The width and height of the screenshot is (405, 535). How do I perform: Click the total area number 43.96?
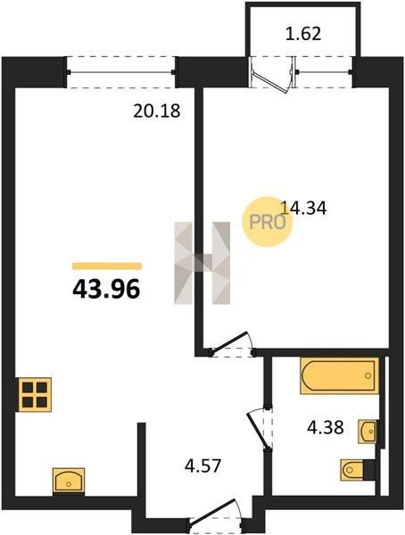coord(106,289)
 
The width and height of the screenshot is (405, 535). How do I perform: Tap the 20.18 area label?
coord(156,111)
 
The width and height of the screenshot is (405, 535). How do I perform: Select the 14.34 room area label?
coord(303,208)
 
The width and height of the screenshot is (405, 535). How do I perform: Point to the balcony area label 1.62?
coord(303,34)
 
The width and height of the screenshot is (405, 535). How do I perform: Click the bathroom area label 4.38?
coord(325,427)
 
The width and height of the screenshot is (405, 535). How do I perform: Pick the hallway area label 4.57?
coord(202,465)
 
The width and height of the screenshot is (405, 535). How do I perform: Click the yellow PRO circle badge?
coord(268,222)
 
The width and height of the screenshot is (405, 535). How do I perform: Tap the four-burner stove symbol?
coord(34,395)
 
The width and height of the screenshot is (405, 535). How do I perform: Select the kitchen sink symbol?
coord(69,481)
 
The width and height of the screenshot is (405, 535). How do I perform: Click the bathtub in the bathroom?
coord(340,375)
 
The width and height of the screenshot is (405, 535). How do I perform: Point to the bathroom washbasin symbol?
coord(368,432)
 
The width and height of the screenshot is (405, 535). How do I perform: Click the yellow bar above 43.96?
coord(106,266)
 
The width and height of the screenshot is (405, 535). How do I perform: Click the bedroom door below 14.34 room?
coord(231,344)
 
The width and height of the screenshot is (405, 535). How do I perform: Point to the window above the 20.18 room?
coord(121,72)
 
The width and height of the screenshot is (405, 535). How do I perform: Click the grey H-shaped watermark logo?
coord(202,263)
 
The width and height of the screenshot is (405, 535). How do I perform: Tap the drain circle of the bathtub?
coord(368,375)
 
